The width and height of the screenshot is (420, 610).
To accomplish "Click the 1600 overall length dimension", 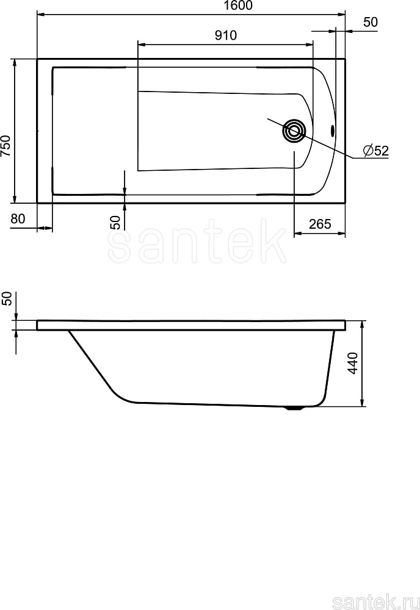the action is click(238, 5).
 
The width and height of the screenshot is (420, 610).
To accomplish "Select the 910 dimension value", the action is click(226, 35).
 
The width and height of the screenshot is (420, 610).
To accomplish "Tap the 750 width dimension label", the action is click(6, 146).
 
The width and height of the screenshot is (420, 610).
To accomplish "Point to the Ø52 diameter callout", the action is click(376, 151).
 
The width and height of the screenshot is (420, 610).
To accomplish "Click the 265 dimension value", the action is click(320, 224).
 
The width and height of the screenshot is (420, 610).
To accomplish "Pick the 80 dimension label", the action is click(18, 219).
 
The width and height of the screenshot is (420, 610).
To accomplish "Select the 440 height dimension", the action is click(353, 363).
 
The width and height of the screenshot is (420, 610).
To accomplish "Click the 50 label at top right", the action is click(371, 22).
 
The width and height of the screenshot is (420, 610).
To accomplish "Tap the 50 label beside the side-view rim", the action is click(7, 298).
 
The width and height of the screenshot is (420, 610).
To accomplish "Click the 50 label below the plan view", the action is click(115, 223).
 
